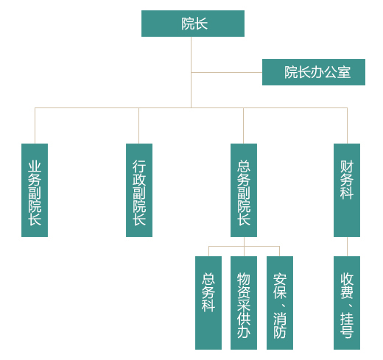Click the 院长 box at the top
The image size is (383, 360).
[193, 24]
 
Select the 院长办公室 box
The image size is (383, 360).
[314, 72]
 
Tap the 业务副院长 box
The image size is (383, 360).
[35, 190]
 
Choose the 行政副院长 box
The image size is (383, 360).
[139, 190]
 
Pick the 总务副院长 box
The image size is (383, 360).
[244, 190]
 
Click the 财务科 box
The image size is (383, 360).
[347, 190]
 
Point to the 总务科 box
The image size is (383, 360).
[208, 303]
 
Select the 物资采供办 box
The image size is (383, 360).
[244, 303]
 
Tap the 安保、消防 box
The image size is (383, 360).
[280, 303]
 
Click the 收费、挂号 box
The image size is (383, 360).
[347, 303]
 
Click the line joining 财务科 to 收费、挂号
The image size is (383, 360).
[347, 247]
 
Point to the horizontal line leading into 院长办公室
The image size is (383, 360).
[227, 72]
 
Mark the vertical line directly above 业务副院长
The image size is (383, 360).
[35, 126]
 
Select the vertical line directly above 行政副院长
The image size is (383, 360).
[138, 126]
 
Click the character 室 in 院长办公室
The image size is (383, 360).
[344, 72]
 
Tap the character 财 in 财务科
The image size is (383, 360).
[347, 166]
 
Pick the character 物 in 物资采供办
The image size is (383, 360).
[244, 279]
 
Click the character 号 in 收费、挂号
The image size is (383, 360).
[347, 332]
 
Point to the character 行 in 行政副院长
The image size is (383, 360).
[139, 166]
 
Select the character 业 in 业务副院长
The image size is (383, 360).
[35, 166]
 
